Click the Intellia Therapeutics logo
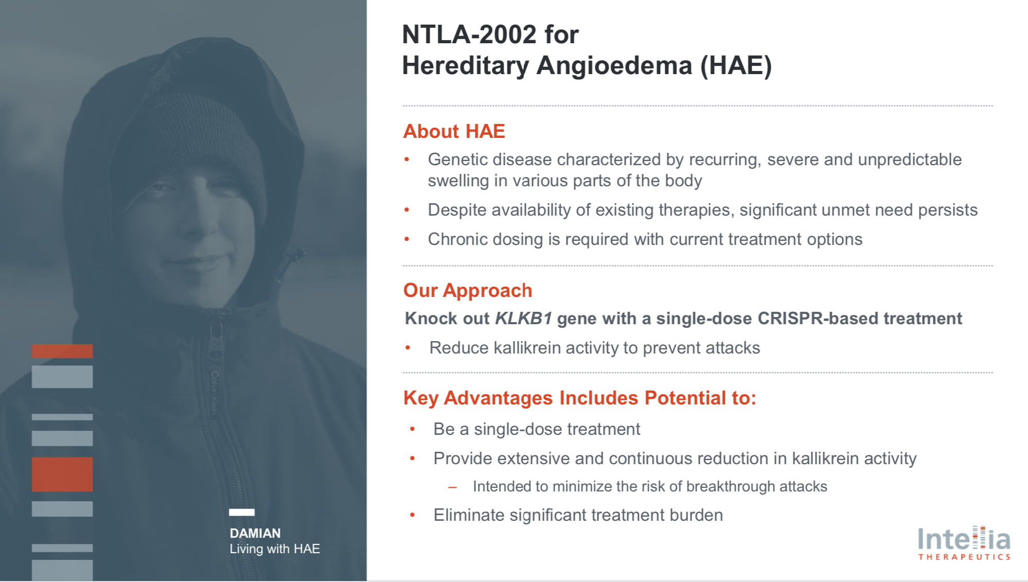pyautogui.click(x=964, y=543)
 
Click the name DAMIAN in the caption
pyautogui.click(x=255, y=533)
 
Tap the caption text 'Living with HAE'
pyautogui.click(x=274, y=549)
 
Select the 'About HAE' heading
pyautogui.click(x=454, y=131)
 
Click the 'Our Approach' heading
pyautogui.click(x=467, y=290)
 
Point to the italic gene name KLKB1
pyautogui.click(x=523, y=319)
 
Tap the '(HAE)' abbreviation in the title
pyautogui.click(x=736, y=66)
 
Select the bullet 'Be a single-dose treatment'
pyautogui.click(x=536, y=429)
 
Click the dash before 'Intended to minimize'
pyautogui.click(x=452, y=487)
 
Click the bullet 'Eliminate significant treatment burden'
pyautogui.click(x=578, y=515)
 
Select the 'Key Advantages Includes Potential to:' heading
pyautogui.click(x=579, y=398)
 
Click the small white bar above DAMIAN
pyautogui.click(x=241, y=512)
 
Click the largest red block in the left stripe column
pyautogui.click(x=62, y=474)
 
